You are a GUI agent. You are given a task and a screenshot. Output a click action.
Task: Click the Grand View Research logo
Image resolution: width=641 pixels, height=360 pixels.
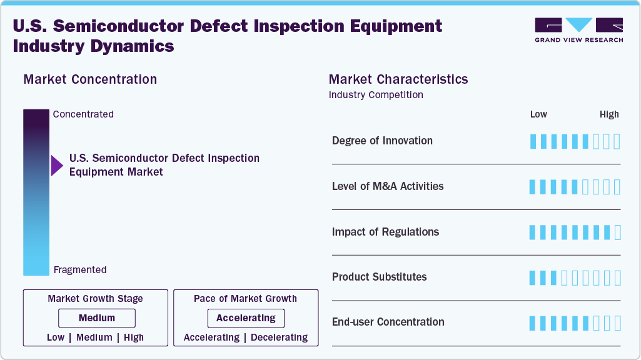point(578,30)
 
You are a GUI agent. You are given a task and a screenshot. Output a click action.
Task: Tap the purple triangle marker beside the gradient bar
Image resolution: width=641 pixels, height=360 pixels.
point(57,166)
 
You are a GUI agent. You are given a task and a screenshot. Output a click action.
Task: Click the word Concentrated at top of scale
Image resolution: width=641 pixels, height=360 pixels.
point(83,114)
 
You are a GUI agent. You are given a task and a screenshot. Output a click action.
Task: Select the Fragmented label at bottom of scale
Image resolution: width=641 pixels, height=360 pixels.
point(80,270)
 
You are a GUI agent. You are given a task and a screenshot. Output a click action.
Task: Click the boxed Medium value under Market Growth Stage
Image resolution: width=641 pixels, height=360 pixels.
point(96,318)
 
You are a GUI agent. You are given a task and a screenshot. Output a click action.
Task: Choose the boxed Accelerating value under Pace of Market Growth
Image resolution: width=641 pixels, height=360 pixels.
point(246,318)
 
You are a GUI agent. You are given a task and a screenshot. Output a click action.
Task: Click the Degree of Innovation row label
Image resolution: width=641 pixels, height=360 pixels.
point(382,141)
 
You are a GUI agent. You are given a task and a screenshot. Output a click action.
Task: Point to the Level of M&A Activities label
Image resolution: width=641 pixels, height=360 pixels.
point(388,186)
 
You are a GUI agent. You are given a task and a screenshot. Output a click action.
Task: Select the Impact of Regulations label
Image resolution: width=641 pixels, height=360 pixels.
point(385,232)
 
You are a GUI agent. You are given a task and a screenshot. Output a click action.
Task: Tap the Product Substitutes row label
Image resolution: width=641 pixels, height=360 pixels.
point(379,277)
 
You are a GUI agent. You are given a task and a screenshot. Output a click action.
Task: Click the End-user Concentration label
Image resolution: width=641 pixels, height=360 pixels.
point(388,322)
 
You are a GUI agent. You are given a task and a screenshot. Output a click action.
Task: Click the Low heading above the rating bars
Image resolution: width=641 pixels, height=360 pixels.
point(538,114)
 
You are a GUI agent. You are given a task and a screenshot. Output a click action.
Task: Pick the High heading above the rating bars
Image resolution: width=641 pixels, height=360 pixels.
point(609,114)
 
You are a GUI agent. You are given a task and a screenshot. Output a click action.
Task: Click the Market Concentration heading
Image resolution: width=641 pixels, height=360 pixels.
point(90,79)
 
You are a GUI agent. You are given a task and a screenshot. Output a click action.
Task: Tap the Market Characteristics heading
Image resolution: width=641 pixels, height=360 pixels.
point(398,79)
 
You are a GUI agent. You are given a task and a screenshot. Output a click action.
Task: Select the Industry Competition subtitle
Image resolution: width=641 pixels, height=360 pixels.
point(376,95)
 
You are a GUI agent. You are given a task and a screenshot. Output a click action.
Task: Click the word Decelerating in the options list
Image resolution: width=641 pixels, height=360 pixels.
point(279,337)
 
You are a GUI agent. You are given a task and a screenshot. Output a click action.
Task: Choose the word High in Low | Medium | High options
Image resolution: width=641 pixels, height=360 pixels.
point(134,337)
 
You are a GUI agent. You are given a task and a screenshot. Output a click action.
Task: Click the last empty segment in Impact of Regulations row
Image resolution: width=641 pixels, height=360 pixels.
point(618,232)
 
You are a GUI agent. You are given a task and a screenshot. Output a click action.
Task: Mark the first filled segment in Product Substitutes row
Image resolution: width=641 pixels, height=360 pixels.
point(533,277)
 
